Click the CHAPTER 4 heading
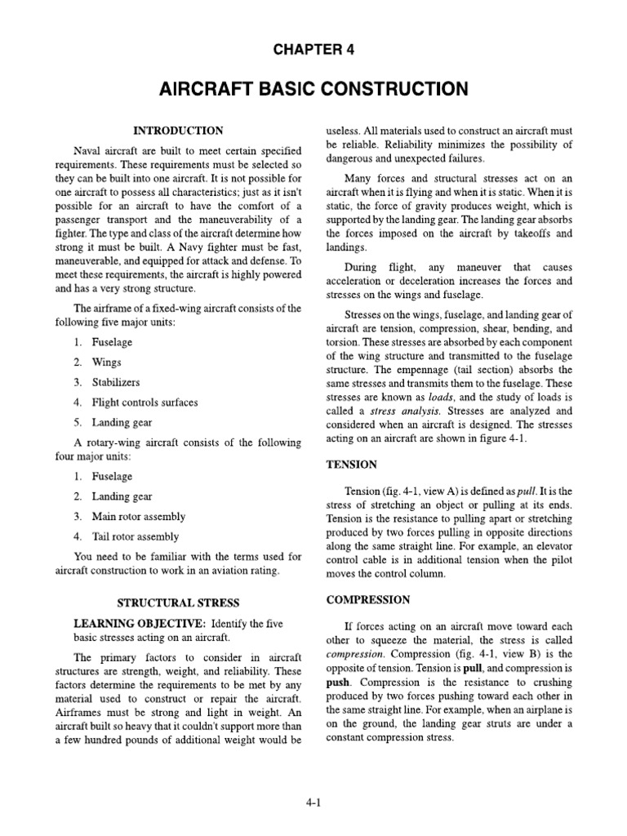[x=313, y=50]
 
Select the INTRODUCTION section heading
[x=178, y=130]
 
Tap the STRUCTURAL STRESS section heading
[x=178, y=603]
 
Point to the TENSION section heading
[x=351, y=464]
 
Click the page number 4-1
[x=313, y=803]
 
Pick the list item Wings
[x=107, y=362]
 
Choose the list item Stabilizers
[x=116, y=382]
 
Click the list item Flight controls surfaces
[x=145, y=402]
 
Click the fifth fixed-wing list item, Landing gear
[x=122, y=423]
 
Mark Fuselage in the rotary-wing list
[x=112, y=476]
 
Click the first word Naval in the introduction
[x=88, y=151]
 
